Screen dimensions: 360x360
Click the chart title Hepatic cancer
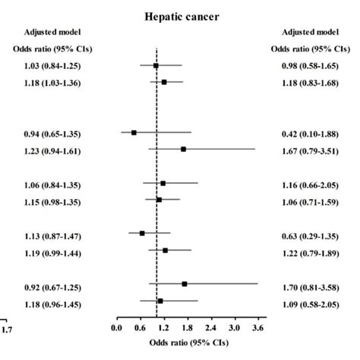click(186, 14)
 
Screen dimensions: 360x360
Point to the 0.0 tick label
click(116, 329)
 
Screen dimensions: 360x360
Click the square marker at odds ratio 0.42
click(134, 132)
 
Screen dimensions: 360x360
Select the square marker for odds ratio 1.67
click(183, 150)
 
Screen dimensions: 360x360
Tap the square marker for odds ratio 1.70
click(185, 283)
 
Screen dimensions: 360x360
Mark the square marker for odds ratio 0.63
click(142, 232)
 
